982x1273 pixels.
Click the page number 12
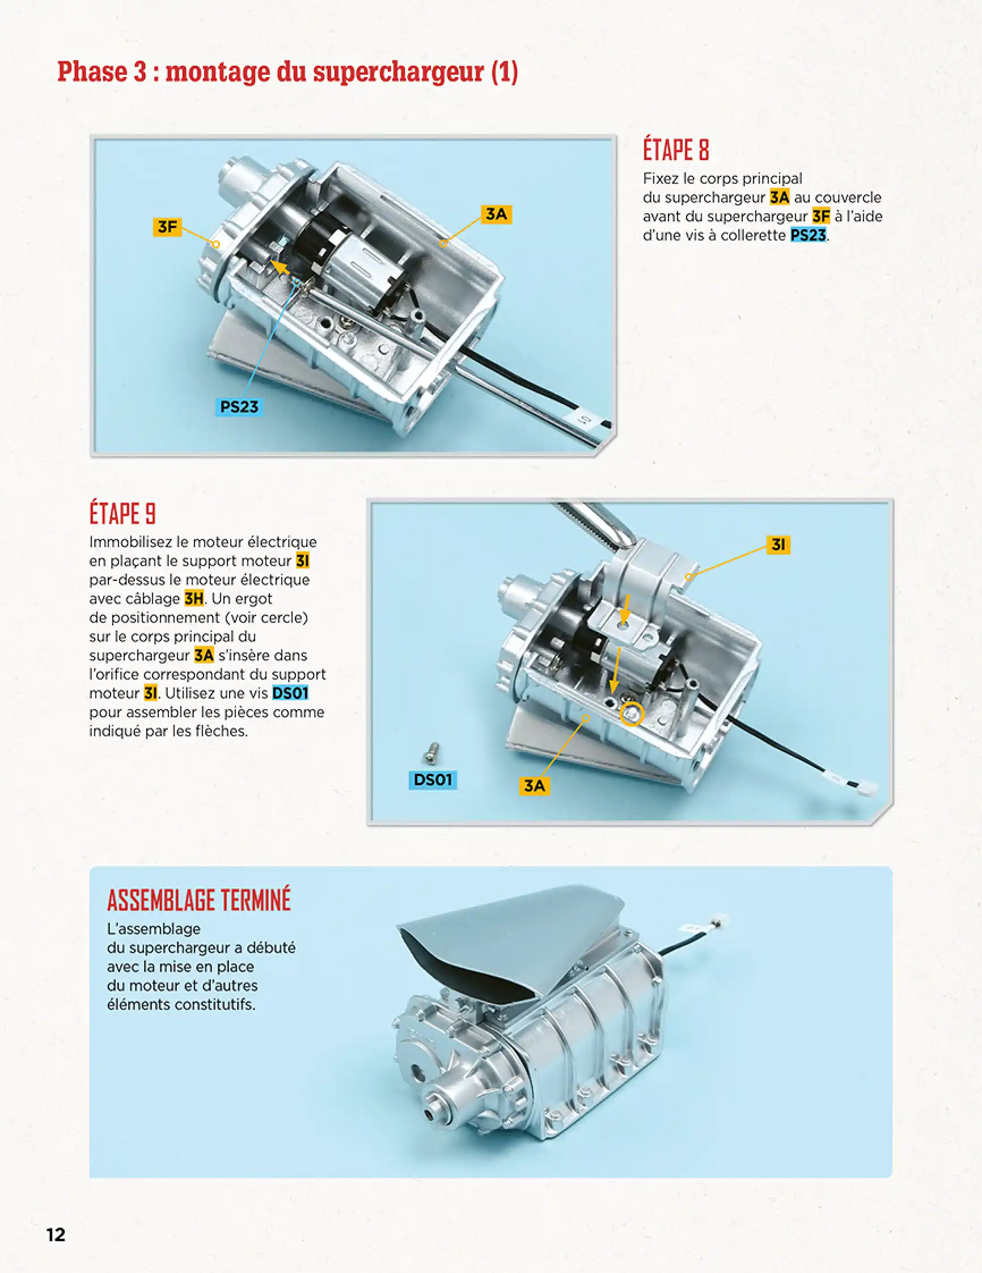(x=56, y=1234)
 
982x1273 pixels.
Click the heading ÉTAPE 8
(x=676, y=150)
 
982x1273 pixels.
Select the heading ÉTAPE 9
(x=122, y=513)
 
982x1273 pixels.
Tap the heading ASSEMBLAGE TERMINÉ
(x=198, y=900)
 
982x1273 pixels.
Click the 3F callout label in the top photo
(x=167, y=226)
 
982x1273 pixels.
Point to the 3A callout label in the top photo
(x=496, y=214)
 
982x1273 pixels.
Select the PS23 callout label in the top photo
(x=239, y=406)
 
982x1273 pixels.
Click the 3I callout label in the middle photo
(x=778, y=545)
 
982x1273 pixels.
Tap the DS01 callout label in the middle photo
(x=432, y=779)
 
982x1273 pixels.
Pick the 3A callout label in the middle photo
(x=534, y=785)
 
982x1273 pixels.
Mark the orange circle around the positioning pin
(x=632, y=714)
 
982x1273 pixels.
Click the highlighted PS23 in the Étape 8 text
(x=808, y=235)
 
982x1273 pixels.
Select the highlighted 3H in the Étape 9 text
(x=193, y=598)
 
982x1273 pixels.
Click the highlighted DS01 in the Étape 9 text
(x=290, y=693)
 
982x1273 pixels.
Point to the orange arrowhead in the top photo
(x=280, y=268)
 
